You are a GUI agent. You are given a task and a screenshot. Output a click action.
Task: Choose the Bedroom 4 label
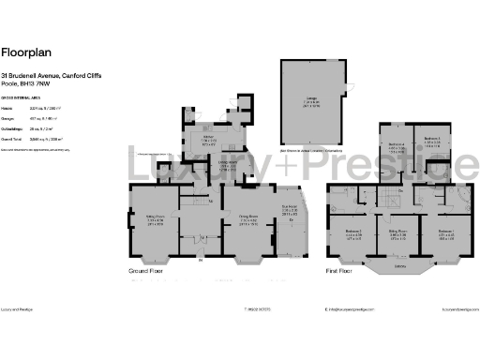coord(397,144)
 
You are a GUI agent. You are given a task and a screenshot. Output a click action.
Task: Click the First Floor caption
coord(339,270)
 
